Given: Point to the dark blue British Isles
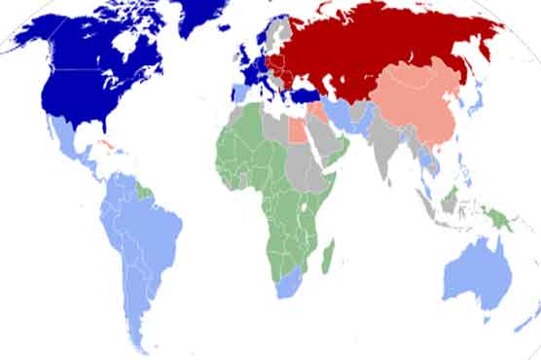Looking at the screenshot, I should (x=247, y=64).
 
